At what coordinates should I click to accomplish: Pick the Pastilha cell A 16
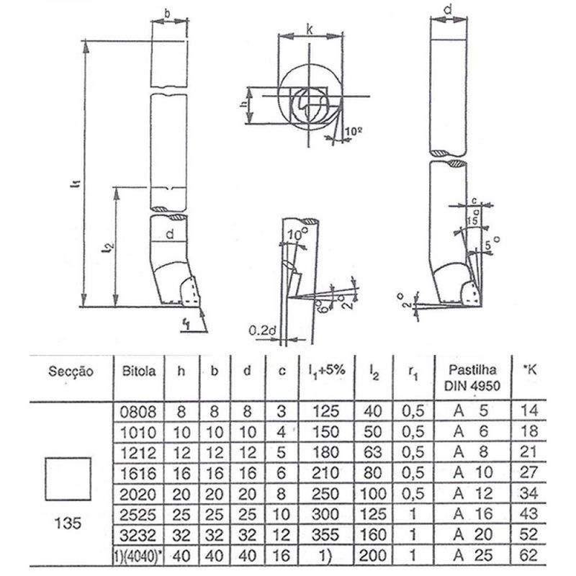(472, 514)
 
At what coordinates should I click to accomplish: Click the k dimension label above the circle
(309, 29)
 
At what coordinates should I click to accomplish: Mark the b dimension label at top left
(166, 12)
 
